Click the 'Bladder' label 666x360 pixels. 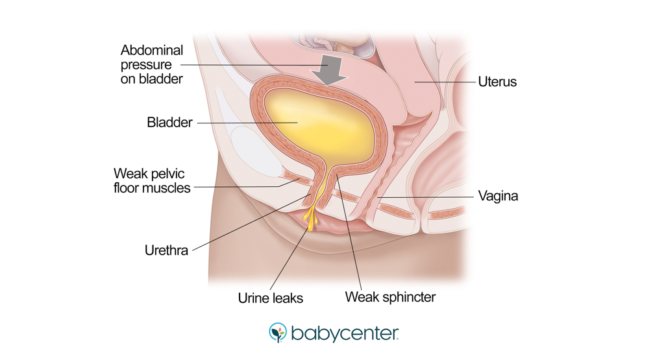[x=169, y=123]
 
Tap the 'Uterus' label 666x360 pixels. [x=497, y=82]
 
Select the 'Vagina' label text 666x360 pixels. [x=498, y=195]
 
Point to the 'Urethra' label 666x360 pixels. [x=166, y=250]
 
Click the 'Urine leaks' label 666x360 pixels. [x=271, y=298]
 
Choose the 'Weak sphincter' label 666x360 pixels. [x=390, y=297]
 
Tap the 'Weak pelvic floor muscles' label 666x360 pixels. [x=152, y=181]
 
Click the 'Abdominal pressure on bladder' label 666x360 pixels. [x=152, y=64]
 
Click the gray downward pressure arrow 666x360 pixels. [x=330, y=69]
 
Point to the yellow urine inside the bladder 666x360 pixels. [x=317, y=123]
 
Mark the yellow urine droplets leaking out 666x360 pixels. [x=310, y=217]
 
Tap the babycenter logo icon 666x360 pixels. [x=277, y=333]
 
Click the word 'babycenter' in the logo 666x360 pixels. [x=344, y=333]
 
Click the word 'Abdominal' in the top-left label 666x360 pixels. [x=152, y=51]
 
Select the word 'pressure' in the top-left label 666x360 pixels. [x=146, y=65]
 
